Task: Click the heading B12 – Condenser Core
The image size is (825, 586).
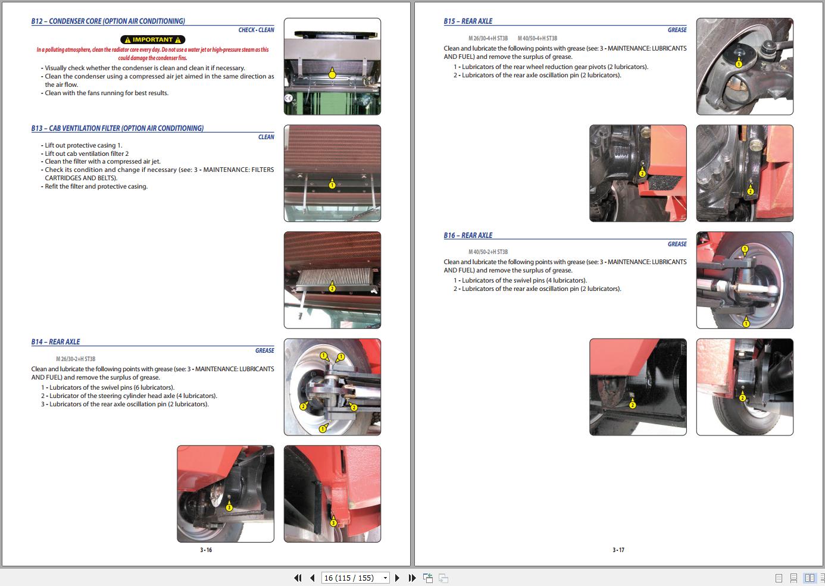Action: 108,21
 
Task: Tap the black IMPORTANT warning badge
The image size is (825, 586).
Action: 152,40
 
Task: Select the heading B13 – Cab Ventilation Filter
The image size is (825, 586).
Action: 117,129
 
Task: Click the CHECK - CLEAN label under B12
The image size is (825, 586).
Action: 256,30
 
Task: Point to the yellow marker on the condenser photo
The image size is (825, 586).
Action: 332,74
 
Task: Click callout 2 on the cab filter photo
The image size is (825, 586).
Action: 332,289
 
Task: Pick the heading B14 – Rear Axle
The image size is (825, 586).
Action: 55,342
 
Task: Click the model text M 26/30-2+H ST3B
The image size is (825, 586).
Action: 76,359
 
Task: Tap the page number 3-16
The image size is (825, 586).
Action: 206,550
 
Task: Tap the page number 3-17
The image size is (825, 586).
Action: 618,550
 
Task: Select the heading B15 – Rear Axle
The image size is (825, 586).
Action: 468,21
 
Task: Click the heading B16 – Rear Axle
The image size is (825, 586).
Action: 468,236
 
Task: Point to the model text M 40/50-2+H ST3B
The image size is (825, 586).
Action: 488,252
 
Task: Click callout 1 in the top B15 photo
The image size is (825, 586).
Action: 739,64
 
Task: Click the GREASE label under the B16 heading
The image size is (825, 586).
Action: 677,244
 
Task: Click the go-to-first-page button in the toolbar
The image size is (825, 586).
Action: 298,578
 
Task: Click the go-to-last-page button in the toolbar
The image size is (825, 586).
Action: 412,578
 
